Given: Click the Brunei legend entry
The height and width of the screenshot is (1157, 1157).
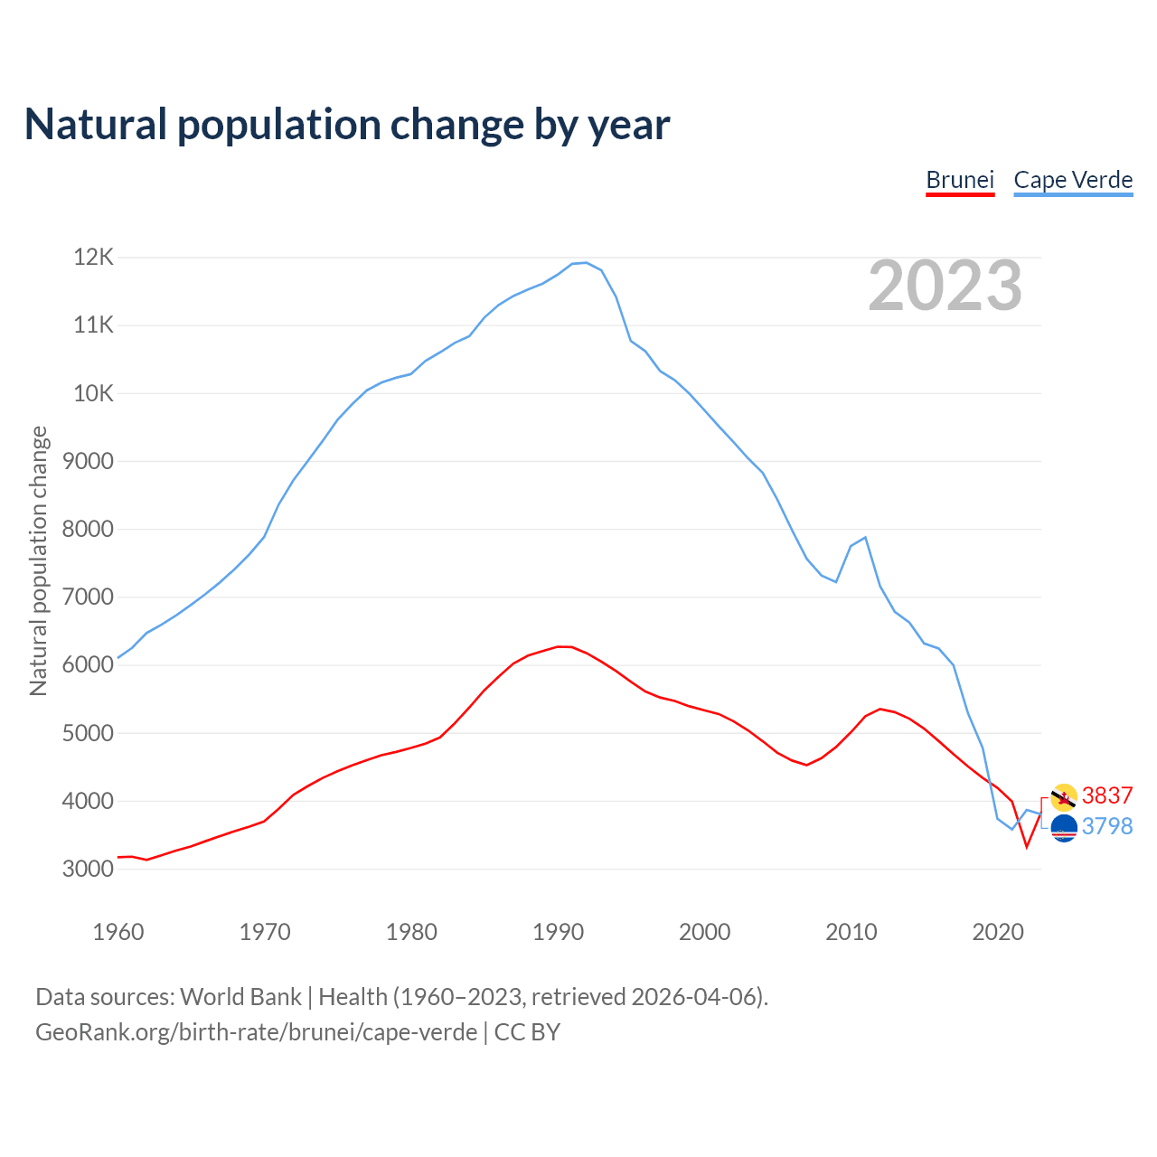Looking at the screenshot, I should point(960,180).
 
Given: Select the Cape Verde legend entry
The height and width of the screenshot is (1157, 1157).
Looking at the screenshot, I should point(1073,180).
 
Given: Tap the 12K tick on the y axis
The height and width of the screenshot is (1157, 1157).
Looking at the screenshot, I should point(94,258).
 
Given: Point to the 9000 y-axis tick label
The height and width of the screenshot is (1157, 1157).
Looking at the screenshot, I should point(89,462).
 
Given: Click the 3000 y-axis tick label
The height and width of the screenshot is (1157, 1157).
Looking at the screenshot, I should point(89,870).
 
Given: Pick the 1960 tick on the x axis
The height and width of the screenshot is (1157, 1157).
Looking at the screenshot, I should point(118,932).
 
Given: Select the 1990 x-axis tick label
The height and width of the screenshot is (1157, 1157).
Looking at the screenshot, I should point(558,932).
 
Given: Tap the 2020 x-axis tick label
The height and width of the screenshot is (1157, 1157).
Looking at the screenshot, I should point(997,932).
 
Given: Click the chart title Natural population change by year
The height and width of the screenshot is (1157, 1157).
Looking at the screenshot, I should point(347,124).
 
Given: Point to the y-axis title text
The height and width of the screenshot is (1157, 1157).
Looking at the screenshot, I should point(38,560).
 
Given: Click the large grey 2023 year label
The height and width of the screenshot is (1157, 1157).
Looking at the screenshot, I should point(945,286).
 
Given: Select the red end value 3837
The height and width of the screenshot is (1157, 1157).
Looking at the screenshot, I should point(1107,795).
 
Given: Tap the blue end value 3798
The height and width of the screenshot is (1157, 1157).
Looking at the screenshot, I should point(1107,826).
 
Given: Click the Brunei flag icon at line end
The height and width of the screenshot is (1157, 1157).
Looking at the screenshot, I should point(1064,797).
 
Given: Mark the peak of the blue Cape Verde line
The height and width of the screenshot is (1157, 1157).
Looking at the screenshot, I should point(586,263).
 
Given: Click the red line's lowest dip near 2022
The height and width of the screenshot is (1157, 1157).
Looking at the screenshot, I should point(1027,846).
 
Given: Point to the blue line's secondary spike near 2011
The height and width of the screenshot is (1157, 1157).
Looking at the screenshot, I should point(865,538).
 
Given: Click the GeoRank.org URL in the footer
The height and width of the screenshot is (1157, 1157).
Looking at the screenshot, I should point(256,1032).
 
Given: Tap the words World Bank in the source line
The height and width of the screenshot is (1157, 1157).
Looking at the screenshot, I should point(240,997).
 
